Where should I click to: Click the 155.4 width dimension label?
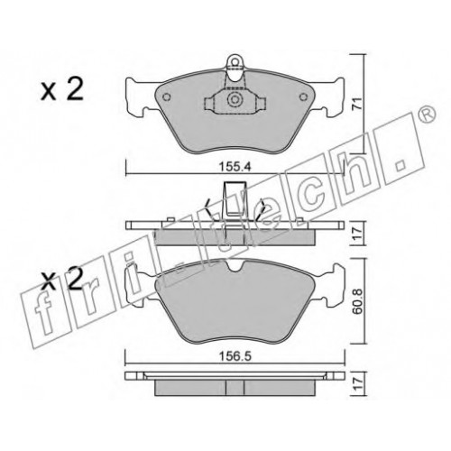(x=235, y=167)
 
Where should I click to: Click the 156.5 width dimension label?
(x=235, y=357)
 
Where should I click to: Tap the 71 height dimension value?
(x=357, y=104)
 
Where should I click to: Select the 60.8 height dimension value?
(x=357, y=301)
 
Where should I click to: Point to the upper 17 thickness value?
(x=357, y=234)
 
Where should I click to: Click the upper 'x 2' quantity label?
(x=62, y=90)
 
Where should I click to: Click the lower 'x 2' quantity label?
(x=61, y=280)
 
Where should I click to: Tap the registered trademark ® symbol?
(x=428, y=115)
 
